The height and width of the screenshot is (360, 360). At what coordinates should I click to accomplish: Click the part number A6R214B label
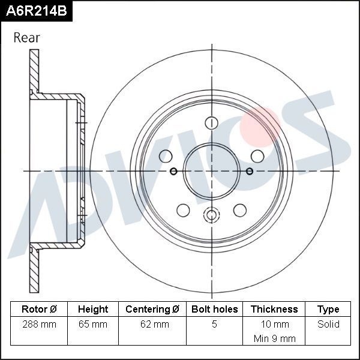[x=36, y=11]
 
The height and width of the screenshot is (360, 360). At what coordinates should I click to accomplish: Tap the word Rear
[x=27, y=38]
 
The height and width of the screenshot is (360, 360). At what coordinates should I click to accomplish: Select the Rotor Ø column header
[x=39, y=310]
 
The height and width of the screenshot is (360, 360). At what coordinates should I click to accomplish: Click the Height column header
[x=93, y=310]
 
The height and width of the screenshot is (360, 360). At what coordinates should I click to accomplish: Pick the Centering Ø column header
[x=152, y=310]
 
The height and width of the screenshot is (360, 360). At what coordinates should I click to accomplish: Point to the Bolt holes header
[x=214, y=310]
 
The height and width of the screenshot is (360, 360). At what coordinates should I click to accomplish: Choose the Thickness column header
[x=274, y=310]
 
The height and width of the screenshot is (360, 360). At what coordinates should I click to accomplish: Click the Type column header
[x=328, y=310]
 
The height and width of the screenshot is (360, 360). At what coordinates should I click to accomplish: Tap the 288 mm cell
[x=39, y=325]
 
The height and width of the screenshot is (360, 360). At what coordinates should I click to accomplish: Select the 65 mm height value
[x=93, y=325]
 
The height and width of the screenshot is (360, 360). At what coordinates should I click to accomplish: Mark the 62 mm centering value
[x=152, y=325]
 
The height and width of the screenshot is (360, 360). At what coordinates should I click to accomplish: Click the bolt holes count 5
[x=214, y=325]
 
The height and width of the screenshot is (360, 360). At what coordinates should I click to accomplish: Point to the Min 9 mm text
[x=274, y=338]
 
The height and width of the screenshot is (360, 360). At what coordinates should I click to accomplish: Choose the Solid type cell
[x=328, y=325]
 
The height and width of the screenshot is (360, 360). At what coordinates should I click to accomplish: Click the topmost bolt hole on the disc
[x=211, y=123]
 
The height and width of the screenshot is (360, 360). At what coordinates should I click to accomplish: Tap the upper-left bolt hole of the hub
[x=166, y=156]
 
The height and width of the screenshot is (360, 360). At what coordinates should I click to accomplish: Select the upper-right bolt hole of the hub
[x=257, y=156]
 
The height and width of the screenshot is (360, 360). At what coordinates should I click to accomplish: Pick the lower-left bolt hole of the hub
[x=183, y=210]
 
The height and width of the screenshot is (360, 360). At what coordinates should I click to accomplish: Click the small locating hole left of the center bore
[x=173, y=172]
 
